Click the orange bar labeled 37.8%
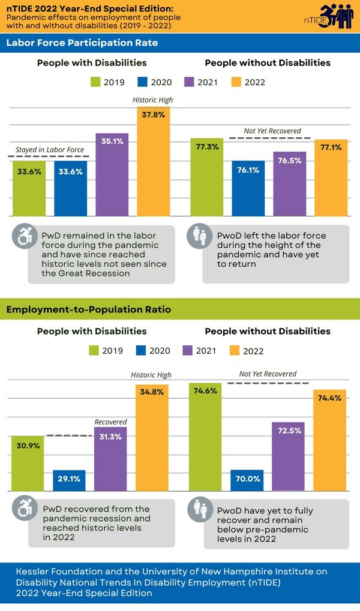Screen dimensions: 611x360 (153, 162)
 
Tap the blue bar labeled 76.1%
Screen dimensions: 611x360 (248, 188)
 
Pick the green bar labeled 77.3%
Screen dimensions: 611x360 (206, 177)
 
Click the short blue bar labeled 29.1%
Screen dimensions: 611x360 (69, 480)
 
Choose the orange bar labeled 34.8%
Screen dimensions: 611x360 (152, 438)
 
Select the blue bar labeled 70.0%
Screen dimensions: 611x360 (247, 480)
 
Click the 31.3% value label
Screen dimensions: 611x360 (111, 437)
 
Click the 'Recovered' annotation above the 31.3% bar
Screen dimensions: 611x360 (110, 422)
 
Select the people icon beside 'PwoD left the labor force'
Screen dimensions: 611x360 (197, 237)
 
